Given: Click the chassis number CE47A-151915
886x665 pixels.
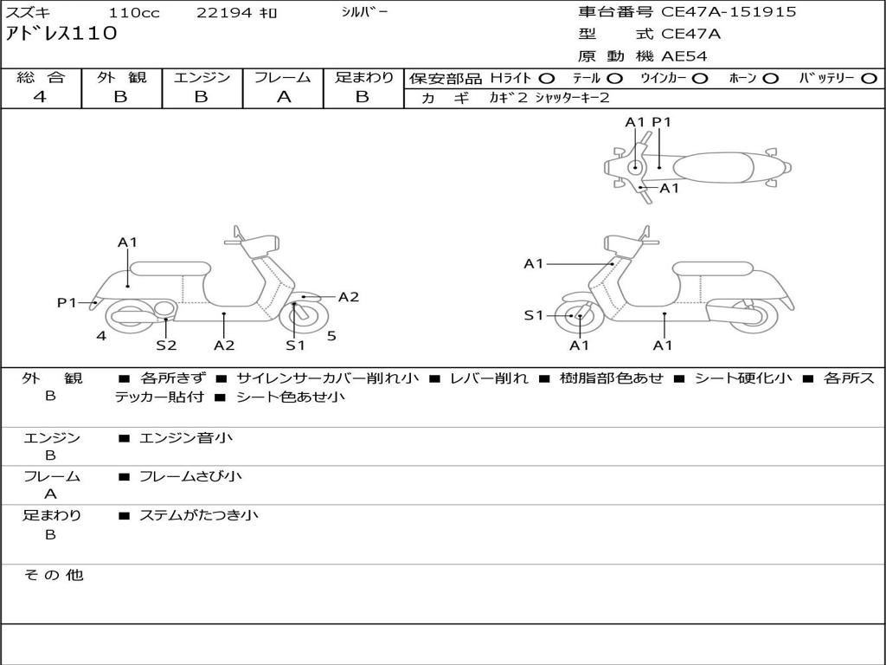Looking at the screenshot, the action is (x=729, y=12).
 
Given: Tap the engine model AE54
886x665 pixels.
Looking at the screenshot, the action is (x=684, y=57).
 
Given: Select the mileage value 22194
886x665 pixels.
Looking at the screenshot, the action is (x=223, y=13).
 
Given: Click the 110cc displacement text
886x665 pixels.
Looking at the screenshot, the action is (x=134, y=13).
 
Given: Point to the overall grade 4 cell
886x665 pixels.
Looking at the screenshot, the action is (x=41, y=97).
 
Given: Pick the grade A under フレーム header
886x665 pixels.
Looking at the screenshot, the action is (x=283, y=97).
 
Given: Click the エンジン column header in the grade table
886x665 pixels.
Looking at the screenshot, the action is (x=202, y=77).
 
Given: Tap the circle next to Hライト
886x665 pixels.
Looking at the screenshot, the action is (x=547, y=78).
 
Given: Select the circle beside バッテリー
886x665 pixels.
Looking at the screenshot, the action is (x=869, y=78).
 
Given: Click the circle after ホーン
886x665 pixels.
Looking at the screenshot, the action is (x=771, y=78).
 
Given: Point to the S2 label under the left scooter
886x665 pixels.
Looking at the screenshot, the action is (x=166, y=345).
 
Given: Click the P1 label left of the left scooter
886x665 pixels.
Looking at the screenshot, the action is (x=67, y=302).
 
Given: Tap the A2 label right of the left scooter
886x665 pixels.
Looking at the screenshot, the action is (x=348, y=297).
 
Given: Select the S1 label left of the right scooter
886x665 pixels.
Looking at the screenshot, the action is (x=534, y=315).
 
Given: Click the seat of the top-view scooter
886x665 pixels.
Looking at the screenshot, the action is (x=715, y=166).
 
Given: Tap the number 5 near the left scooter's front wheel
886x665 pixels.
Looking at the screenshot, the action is (x=331, y=336).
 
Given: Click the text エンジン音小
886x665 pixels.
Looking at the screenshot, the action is (x=186, y=438).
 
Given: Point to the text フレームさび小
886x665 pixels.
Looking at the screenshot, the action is (x=190, y=476).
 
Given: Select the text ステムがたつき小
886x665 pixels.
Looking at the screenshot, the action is (x=199, y=515).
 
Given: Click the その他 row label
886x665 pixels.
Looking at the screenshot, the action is (x=53, y=575).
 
